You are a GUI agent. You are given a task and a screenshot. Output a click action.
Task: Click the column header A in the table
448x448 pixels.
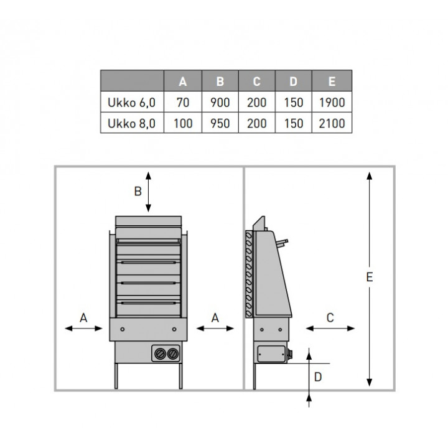pos(183,82)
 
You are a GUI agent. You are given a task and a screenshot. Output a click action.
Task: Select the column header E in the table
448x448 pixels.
pos(332,82)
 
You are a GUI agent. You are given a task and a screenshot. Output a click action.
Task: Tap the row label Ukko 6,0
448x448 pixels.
pos(131,103)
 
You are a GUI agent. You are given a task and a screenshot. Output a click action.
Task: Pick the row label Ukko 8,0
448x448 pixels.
pos(131,123)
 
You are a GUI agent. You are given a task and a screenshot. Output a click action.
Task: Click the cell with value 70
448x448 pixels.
pos(183,102)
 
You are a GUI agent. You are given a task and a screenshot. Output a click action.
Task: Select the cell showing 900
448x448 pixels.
pos(220,102)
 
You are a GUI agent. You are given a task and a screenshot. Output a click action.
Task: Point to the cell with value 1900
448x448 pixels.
pos(332,102)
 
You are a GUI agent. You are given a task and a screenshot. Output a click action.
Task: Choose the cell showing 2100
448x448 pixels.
pos(332,123)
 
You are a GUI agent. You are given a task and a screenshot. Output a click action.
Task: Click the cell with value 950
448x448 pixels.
pos(220,123)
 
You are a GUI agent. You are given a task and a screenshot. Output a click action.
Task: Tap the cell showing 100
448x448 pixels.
pos(183,123)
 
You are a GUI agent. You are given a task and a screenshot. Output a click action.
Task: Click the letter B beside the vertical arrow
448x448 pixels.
pos(138,191)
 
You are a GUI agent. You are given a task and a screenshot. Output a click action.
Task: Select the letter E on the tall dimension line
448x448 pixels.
pos(370,277)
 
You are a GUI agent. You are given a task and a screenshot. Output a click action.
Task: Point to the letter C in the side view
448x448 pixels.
pos(330,318)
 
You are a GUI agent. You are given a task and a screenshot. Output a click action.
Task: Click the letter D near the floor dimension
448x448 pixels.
pos(318,377)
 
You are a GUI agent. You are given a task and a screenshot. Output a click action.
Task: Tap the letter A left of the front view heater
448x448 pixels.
pos(83,318)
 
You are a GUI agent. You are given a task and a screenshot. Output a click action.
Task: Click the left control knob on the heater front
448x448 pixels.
pos(160,354)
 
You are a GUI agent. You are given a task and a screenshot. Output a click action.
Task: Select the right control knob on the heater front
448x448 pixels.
pos(172,354)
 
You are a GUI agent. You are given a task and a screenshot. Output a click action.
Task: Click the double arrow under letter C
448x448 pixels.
pos(330,329)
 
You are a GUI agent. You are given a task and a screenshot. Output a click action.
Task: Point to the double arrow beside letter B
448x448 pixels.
pos(148,192)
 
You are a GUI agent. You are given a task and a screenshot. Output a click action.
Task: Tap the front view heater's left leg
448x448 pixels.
pos(116,376)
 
